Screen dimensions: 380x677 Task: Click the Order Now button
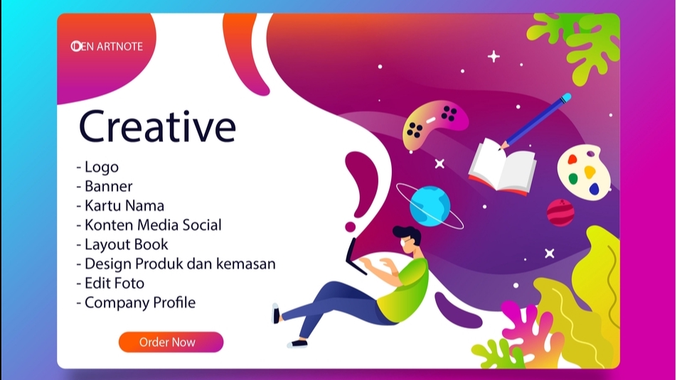coord(171,342)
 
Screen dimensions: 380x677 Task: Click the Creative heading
coord(157,126)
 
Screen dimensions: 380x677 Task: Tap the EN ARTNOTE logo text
coord(107,46)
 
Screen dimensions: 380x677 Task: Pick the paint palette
coord(582,173)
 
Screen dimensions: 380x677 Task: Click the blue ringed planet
coord(430,205)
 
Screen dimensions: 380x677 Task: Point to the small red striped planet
coord(560,212)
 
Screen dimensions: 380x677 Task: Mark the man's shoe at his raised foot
coord(276,313)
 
